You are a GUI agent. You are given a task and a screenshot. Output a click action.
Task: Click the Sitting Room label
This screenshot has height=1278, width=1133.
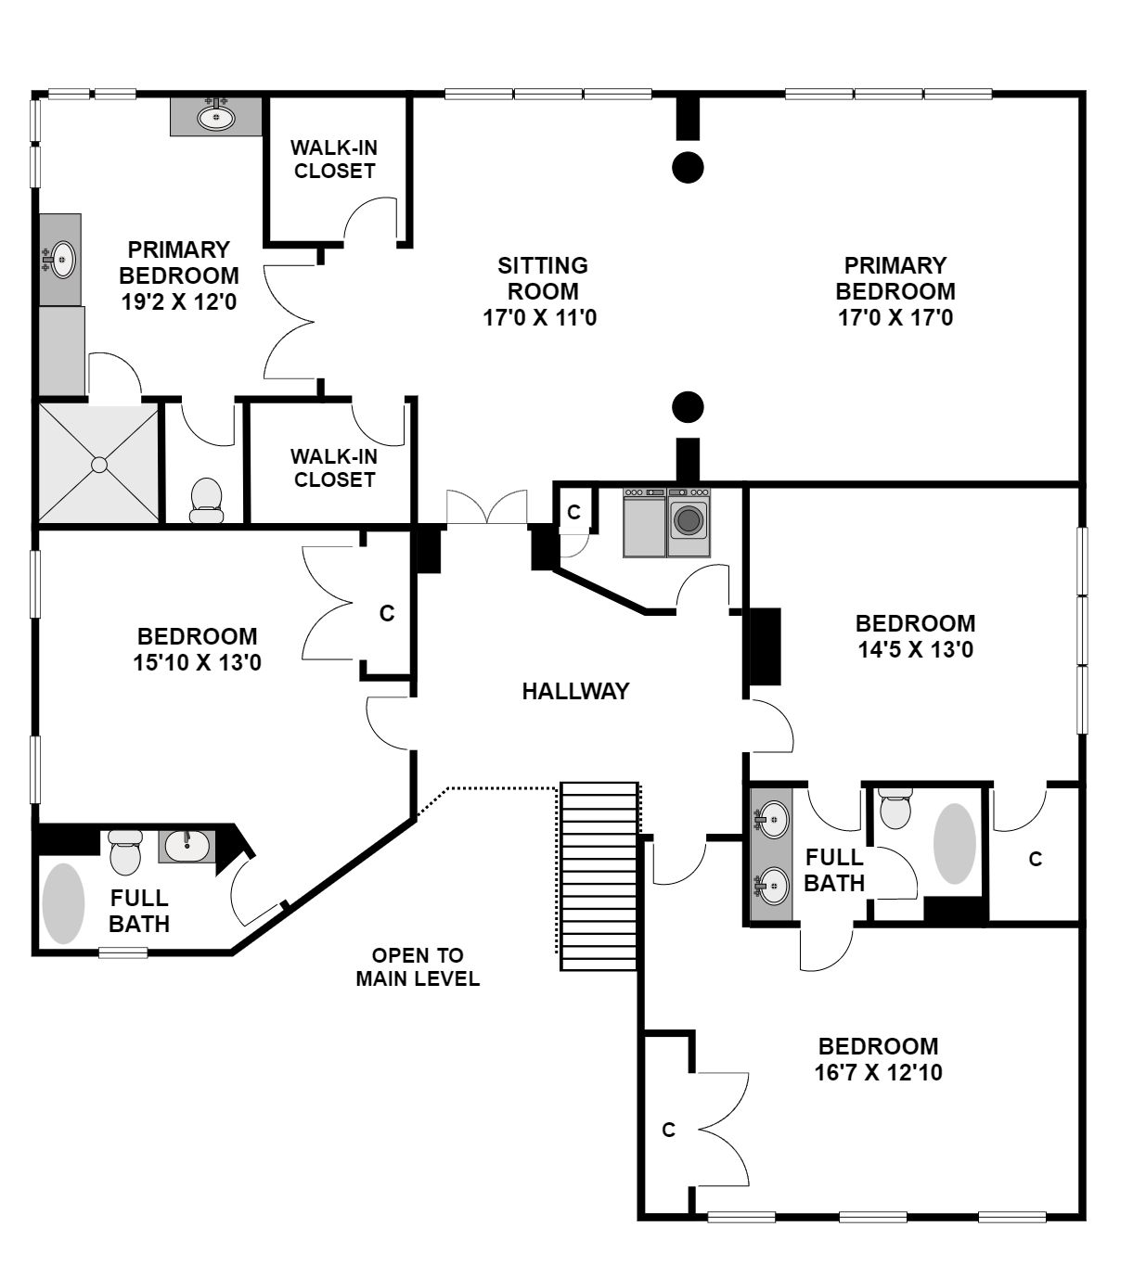[542, 278]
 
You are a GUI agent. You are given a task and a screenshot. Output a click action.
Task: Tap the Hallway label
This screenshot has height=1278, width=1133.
[575, 691]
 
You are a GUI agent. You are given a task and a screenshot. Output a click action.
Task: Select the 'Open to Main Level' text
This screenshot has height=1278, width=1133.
[418, 967]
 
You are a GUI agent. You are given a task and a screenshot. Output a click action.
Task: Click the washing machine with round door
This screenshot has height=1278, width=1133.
[689, 521]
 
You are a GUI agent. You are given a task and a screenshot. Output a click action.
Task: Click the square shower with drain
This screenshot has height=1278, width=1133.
[99, 464]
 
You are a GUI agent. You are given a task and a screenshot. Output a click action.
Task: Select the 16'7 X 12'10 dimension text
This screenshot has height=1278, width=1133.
[878, 1072]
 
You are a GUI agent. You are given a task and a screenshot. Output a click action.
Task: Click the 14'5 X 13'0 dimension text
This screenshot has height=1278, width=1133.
[915, 649]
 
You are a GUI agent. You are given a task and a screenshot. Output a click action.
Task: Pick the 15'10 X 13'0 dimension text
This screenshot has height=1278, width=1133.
[197, 662]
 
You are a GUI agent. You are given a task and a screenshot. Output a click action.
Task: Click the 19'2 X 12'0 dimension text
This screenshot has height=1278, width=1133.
[179, 301]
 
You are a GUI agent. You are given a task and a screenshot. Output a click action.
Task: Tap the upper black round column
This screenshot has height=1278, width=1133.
[688, 168]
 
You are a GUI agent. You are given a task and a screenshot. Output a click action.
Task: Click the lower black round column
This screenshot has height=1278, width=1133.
[688, 407]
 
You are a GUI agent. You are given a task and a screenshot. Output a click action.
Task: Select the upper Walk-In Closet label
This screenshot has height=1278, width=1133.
[334, 159]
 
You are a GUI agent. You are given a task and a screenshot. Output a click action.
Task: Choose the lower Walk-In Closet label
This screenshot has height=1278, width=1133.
[334, 467]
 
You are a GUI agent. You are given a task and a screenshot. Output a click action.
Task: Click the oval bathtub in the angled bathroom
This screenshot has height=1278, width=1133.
[63, 903]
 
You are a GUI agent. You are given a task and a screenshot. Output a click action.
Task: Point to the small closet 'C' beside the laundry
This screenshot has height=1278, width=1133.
[573, 512]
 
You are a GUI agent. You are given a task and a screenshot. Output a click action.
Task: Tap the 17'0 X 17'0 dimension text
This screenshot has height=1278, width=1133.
[895, 316]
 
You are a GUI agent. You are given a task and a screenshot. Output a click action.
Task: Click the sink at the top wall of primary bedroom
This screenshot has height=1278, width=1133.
[216, 116]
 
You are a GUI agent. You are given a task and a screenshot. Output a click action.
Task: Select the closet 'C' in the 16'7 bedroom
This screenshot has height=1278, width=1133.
[668, 1130]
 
